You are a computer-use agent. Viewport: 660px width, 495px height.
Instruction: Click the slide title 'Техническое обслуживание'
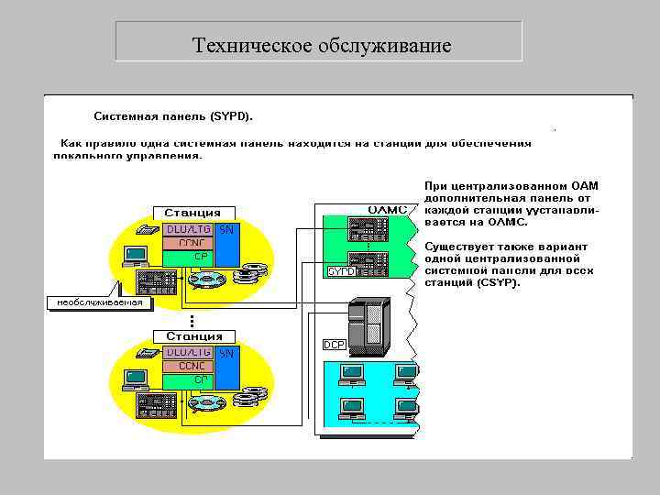(322, 45)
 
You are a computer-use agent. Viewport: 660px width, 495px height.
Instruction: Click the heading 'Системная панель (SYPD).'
(174, 116)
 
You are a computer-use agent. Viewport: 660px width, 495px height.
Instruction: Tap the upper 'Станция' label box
(192, 213)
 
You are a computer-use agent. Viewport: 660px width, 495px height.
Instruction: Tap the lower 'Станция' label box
(192, 336)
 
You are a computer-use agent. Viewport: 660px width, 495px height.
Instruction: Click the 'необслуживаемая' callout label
(99, 302)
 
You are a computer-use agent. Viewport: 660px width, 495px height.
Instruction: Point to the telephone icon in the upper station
(147, 230)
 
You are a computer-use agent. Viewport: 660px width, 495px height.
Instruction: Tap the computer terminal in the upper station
(136, 254)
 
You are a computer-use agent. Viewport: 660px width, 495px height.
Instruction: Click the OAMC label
(387, 210)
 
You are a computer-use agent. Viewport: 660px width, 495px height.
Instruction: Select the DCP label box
(333, 345)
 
